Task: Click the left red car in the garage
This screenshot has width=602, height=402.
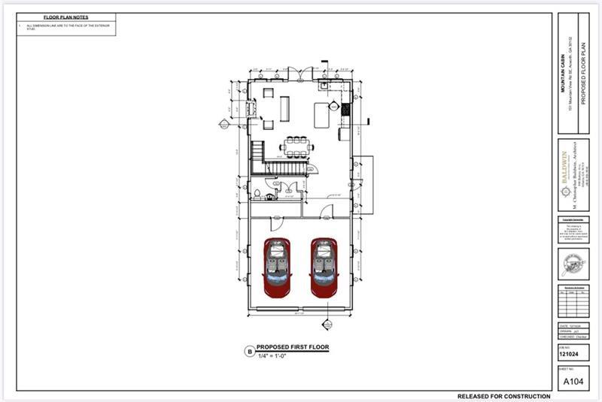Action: (277, 267)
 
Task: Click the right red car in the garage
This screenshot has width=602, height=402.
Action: (324, 267)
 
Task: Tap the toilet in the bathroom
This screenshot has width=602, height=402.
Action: (258, 193)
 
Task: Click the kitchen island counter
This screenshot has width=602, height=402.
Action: (321, 116)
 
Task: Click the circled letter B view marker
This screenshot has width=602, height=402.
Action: (249, 351)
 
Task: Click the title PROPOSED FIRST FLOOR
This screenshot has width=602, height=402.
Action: (292, 347)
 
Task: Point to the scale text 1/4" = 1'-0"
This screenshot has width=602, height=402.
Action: (273, 355)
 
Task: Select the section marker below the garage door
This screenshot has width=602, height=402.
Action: (327, 324)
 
